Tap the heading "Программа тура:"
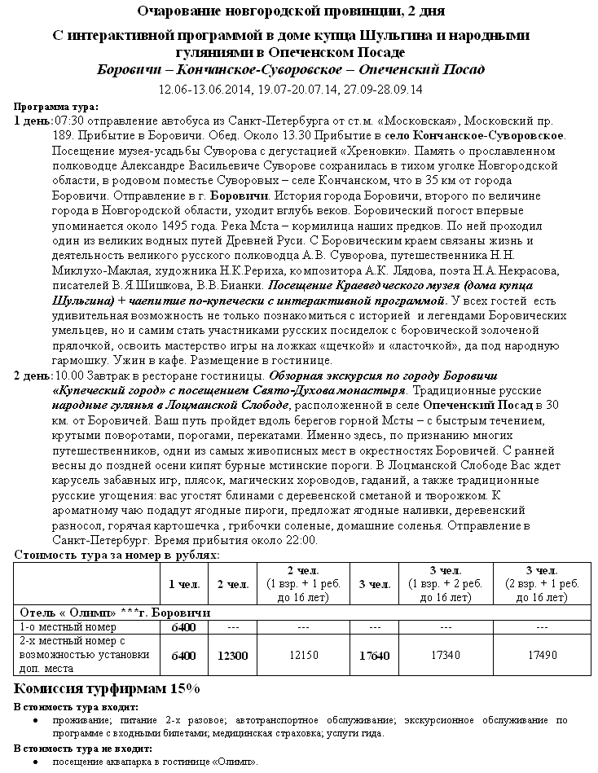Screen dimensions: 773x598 [56, 106]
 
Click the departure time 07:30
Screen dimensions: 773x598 [69, 121]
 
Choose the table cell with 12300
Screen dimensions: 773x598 [232, 655]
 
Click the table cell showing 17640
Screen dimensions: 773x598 [374, 655]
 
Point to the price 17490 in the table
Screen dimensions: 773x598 [541, 655]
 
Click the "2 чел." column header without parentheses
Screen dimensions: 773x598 [232, 583]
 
